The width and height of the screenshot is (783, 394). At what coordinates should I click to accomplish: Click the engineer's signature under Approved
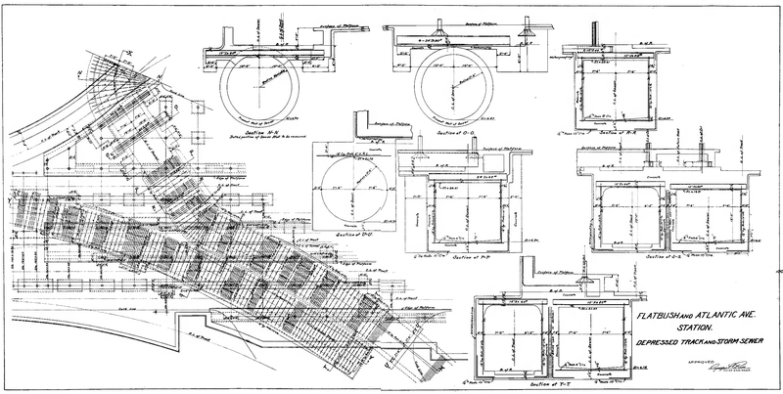click(x=728, y=372)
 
